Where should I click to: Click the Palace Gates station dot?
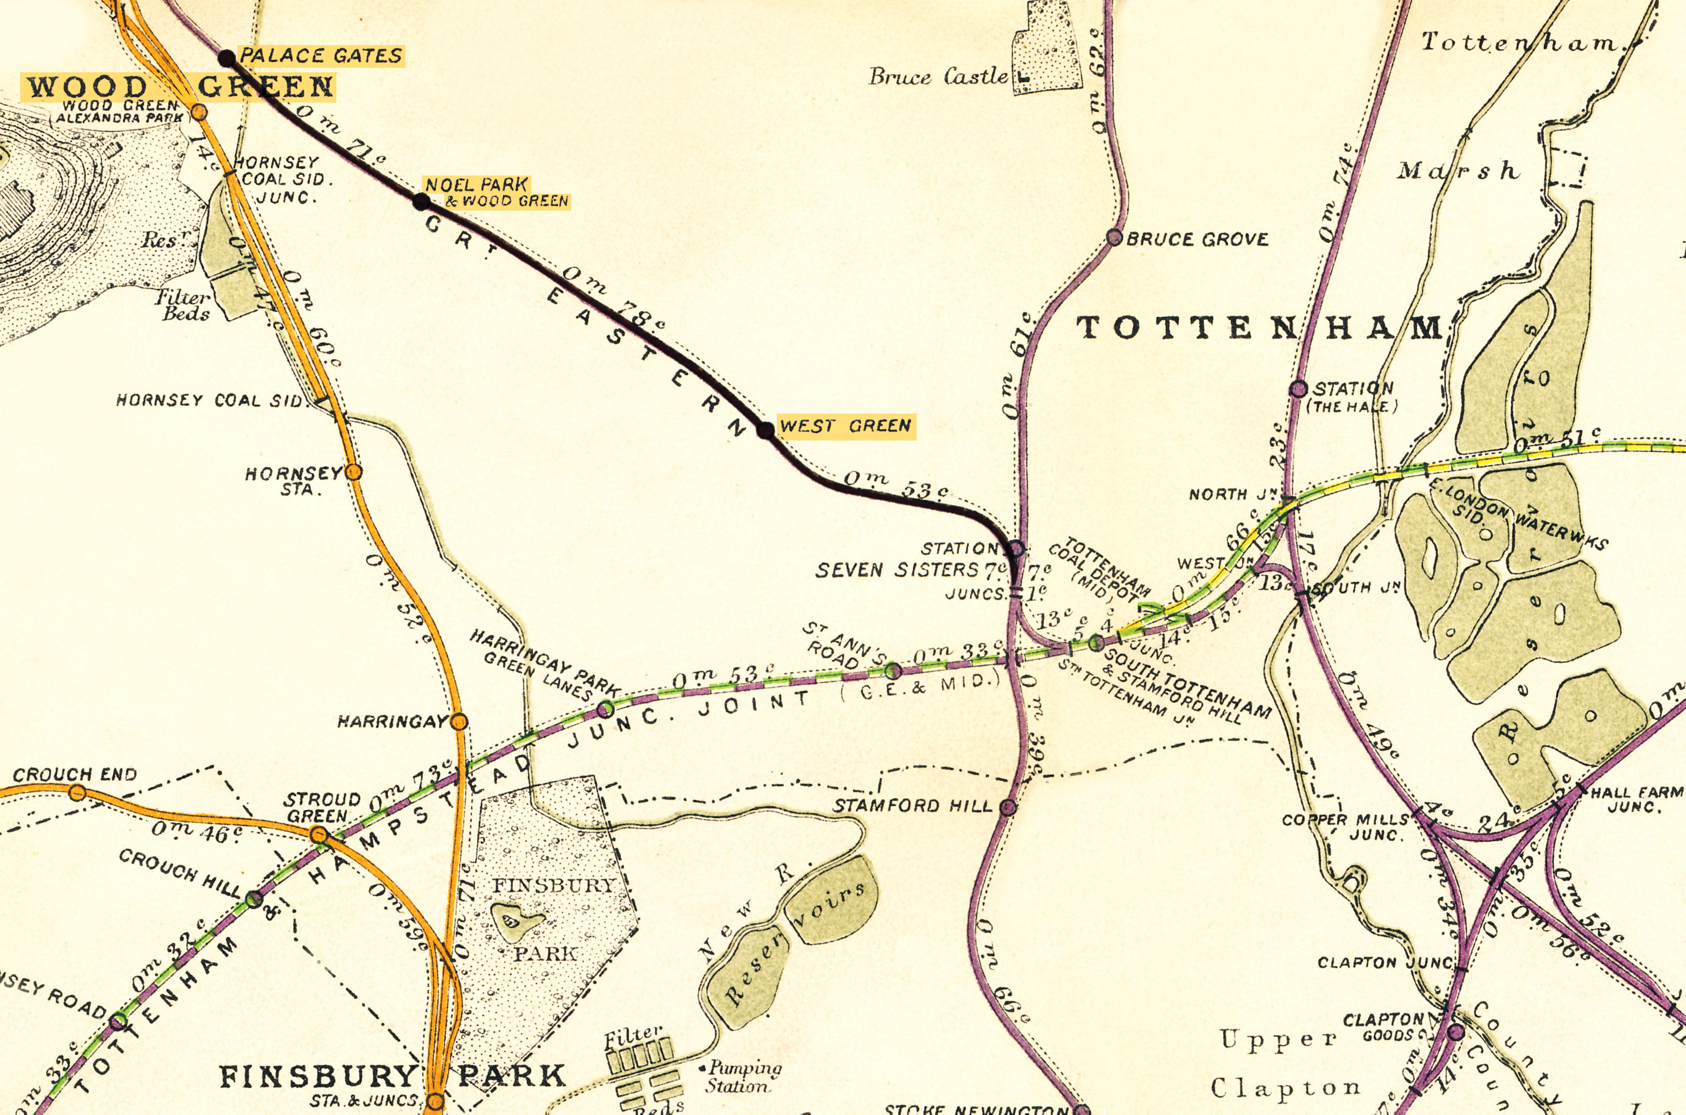click(x=226, y=58)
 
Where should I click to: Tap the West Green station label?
click(x=845, y=426)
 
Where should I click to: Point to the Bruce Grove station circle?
click(x=1115, y=237)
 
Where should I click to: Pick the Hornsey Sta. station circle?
click(x=354, y=471)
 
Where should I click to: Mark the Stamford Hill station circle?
click(x=1008, y=806)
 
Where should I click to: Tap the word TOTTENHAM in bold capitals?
click(x=1259, y=328)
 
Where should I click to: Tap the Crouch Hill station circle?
click(x=254, y=900)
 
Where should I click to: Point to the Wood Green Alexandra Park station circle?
click(x=200, y=112)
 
